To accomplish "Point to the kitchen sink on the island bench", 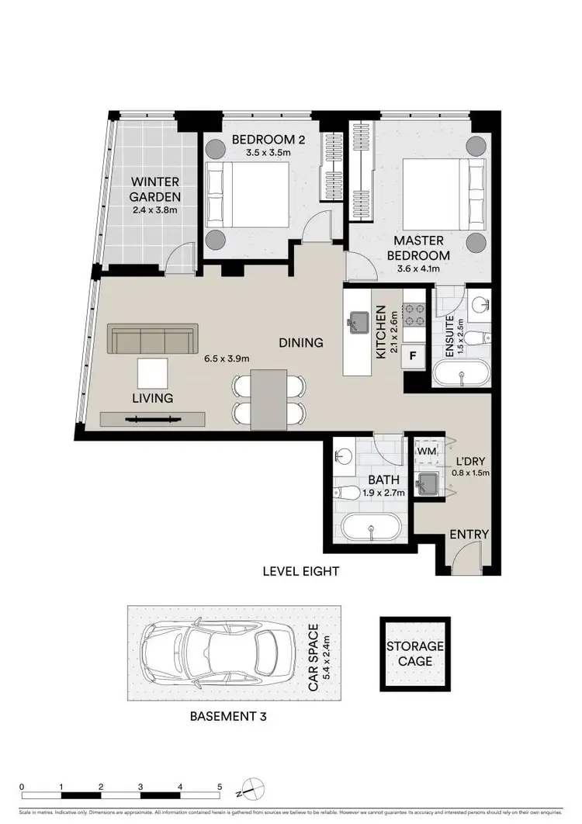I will point(359,320).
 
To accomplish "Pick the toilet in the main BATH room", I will point(348,493).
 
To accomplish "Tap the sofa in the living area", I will point(151,340).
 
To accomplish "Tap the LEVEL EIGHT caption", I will point(300,572).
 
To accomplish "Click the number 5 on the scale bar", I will point(220,788).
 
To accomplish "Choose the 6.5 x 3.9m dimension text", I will point(225,359).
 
